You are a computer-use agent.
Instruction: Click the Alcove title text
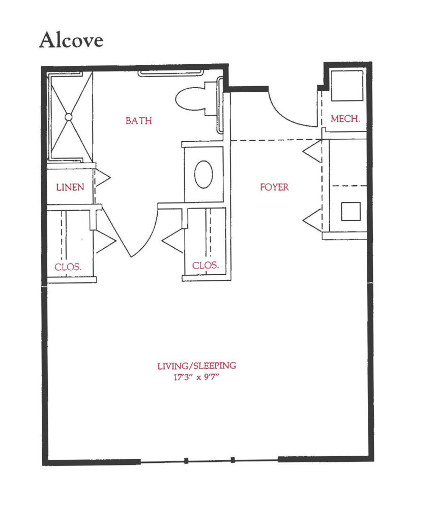pyautogui.click(x=71, y=40)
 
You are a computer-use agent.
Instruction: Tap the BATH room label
pyautogui.click(x=139, y=121)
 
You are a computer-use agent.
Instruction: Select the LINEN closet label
pyautogui.click(x=70, y=187)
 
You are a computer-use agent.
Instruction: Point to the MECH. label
pyautogui.click(x=345, y=119)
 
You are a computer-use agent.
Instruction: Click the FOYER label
pyautogui.click(x=274, y=187)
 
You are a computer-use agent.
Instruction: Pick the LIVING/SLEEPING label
pyautogui.click(x=196, y=366)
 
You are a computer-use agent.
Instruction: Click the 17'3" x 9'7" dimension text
pyautogui.click(x=196, y=378)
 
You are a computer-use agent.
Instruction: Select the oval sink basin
pyautogui.click(x=203, y=174)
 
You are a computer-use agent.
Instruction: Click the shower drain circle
pyautogui.click(x=69, y=117)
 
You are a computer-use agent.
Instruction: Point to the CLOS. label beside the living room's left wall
pyautogui.click(x=68, y=267)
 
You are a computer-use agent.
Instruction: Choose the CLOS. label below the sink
pyautogui.click(x=206, y=265)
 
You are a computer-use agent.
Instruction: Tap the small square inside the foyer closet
pyautogui.click(x=351, y=211)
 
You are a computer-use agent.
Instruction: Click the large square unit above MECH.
pyautogui.click(x=346, y=85)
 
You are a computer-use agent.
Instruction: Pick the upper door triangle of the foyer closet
pyautogui.click(x=313, y=151)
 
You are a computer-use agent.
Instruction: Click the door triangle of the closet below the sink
pyautogui.click(x=173, y=241)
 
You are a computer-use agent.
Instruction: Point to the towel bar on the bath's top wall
pyautogui.click(x=170, y=73)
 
